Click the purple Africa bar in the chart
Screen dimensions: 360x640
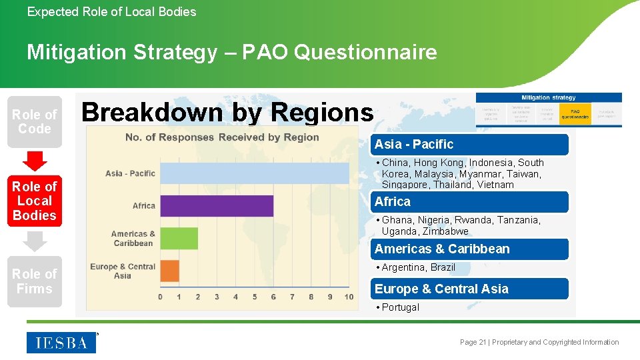pyautogui.click(x=217, y=205)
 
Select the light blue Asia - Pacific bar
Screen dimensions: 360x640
pyautogui.click(x=254, y=173)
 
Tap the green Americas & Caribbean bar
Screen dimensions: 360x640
pyautogui.click(x=179, y=238)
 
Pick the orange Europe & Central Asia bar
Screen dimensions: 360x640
pyautogui.click(x=169, y=271)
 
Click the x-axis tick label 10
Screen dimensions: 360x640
pyautogui.click(x=349, y=297)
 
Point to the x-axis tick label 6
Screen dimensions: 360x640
pyautogui.click(x=273, y=297)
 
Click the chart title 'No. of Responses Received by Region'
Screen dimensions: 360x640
pyautogui.click(x=222, y=137)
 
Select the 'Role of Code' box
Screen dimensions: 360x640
pyautogui.click(x=35, y=121)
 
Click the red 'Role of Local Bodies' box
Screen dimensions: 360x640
pyautogui.click(x=35, y=201)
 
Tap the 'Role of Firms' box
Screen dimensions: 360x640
pyautogui.click(x=35, y=281)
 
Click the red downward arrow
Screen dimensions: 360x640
pyautogui.click(x=35, y=161)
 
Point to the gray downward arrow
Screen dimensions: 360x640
pyautogui.click(x=35, y=241)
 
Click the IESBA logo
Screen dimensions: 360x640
pyautogui.click(x=61, y=343)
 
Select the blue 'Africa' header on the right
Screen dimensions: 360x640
pyautogui.click(x=469, y=202)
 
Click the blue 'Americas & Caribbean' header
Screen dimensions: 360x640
pyautogui.click(x=469, y=249)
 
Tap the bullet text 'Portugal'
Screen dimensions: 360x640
pyautogui.click(x=400, y=307)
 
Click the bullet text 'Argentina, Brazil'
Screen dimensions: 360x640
pyautogui.click(x=418, y=267)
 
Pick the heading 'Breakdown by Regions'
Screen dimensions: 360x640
pyautogui.click(x=227, y=112)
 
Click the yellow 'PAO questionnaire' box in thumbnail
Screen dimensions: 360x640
pyautogui.click(x=575, y=114)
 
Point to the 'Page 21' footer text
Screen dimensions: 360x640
pyautogui.click(x=473, y=342)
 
